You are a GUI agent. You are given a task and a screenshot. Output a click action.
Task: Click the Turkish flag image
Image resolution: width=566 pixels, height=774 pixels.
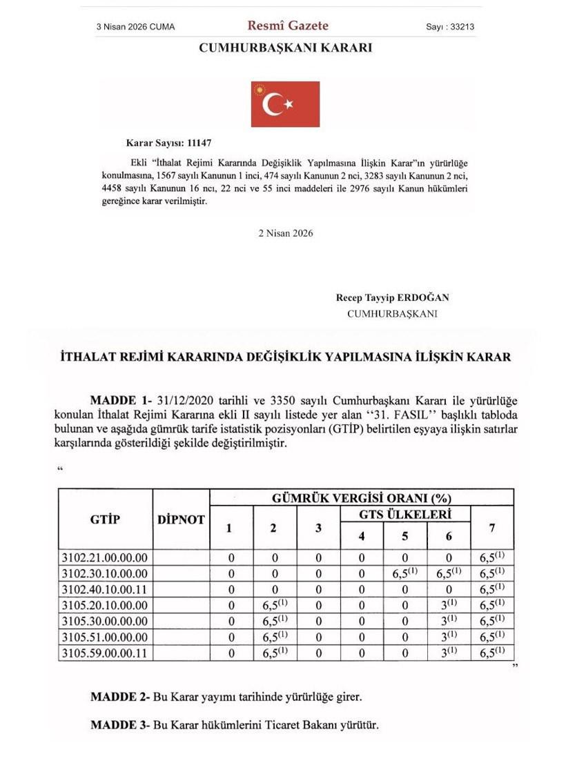click(x=285, y=104)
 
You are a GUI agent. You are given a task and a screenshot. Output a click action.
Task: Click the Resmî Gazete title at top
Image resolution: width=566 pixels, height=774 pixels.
click(x=288, y=26)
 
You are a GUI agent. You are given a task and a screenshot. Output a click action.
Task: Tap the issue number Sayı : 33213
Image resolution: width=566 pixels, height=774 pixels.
click(x=450, y=27)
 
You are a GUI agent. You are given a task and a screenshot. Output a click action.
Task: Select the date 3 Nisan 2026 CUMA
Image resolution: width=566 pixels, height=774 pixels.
click(x=135, y=27)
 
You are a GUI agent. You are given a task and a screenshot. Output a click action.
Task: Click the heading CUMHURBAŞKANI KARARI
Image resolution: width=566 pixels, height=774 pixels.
click(x=285, y=48)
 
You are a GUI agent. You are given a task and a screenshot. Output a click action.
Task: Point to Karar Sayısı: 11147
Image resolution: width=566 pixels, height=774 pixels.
click(x=168, y=143)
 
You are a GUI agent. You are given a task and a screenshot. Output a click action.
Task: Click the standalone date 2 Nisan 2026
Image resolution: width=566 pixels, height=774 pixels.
click(x=285, y=233)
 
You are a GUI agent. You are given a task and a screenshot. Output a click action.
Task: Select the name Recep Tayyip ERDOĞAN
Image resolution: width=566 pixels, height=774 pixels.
click(x=392, y=298)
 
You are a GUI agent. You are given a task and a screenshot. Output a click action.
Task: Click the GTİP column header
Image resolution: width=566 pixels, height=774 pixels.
click(x=105, y=519)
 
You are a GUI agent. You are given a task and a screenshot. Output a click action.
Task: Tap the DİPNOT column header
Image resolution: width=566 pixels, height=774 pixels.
click(x=181, y=519)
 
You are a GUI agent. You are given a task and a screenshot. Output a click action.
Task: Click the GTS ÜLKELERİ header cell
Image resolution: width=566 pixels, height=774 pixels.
click(x=405, y=515)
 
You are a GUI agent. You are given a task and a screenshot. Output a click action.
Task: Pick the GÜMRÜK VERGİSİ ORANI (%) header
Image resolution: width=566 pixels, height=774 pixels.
click(x=361, y=497)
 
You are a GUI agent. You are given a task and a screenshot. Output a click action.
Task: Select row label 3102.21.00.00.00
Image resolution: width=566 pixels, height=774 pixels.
click(x=105, y=557)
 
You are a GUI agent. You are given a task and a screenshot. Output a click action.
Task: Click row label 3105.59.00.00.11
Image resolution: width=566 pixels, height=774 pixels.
click(x=105, y=652)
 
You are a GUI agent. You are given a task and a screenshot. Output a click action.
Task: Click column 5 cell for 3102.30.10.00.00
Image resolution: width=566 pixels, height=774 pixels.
click(x=405, y=573)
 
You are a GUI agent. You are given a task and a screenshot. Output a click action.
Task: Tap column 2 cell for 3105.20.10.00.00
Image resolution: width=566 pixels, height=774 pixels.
click(x=274, y=605)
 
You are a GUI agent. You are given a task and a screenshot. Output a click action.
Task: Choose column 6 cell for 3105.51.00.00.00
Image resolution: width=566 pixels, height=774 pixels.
click(x=449, y=636)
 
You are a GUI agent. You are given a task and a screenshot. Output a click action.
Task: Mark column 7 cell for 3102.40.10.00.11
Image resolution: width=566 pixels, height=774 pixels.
click(x=491, y=589)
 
